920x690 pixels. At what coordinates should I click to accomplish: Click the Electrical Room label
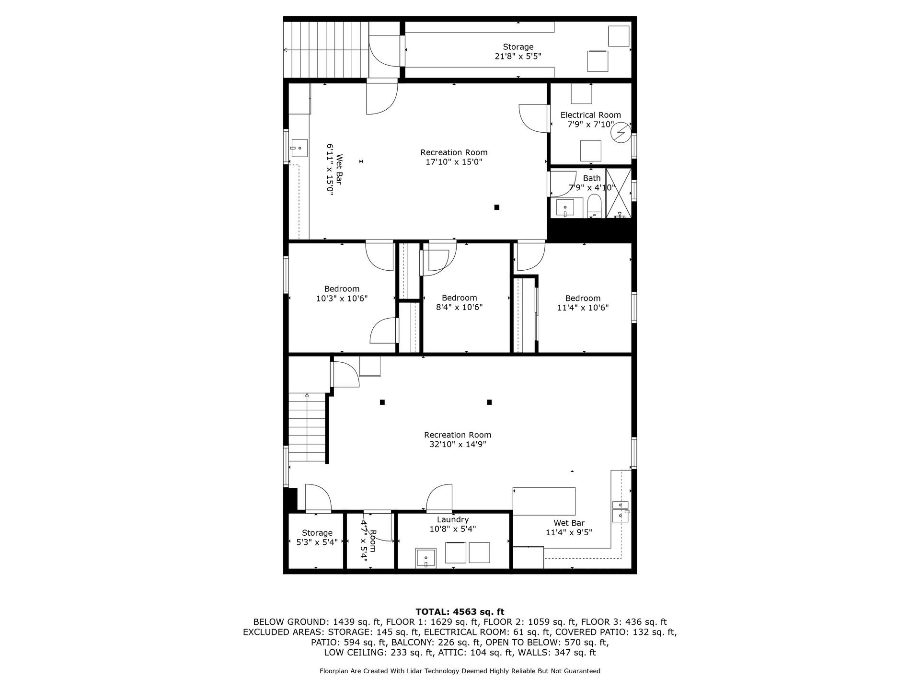coord(590,115)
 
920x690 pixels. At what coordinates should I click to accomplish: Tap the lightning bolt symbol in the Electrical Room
coord(621,132)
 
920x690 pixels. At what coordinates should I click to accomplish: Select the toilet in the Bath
coord(594,205)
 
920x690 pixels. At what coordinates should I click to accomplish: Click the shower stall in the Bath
coord(619,193)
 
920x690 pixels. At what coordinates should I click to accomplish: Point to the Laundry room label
coord(452,519)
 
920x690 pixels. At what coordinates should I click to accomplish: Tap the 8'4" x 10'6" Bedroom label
coord(459,298)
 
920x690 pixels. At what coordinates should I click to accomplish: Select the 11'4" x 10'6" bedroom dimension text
coord(583,308)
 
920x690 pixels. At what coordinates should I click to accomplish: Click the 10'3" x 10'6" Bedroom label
coord(342,289)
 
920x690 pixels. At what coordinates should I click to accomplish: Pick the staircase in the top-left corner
coord(326,49)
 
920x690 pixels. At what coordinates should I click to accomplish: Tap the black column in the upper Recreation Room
coord(497,207)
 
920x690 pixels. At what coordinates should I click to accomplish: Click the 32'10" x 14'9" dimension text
coord(458,444)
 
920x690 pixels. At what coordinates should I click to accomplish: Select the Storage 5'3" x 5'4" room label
coord(317,533)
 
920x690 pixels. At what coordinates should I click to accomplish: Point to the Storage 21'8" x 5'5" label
coord(518,47)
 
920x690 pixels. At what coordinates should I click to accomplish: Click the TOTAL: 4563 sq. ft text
coord(460,611)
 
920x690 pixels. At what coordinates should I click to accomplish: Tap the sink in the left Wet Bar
coord(299,148)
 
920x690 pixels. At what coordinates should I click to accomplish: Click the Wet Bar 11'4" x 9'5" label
coord(569,523)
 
